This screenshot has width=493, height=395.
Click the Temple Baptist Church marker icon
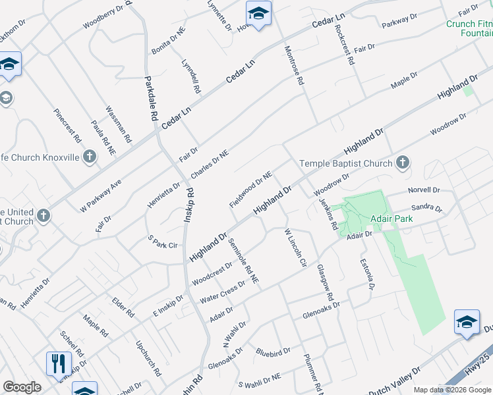pos(403,163)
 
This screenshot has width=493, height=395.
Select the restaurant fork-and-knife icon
pos(59,363)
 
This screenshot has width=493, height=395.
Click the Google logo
pos(22,387)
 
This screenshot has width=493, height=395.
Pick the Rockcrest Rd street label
pos(345,45)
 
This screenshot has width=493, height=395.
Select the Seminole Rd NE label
pos(243,258)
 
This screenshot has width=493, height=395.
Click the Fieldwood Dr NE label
pos(250,188)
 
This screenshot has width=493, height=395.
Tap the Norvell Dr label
pos(423,190)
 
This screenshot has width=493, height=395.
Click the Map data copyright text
pos(452,390)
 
